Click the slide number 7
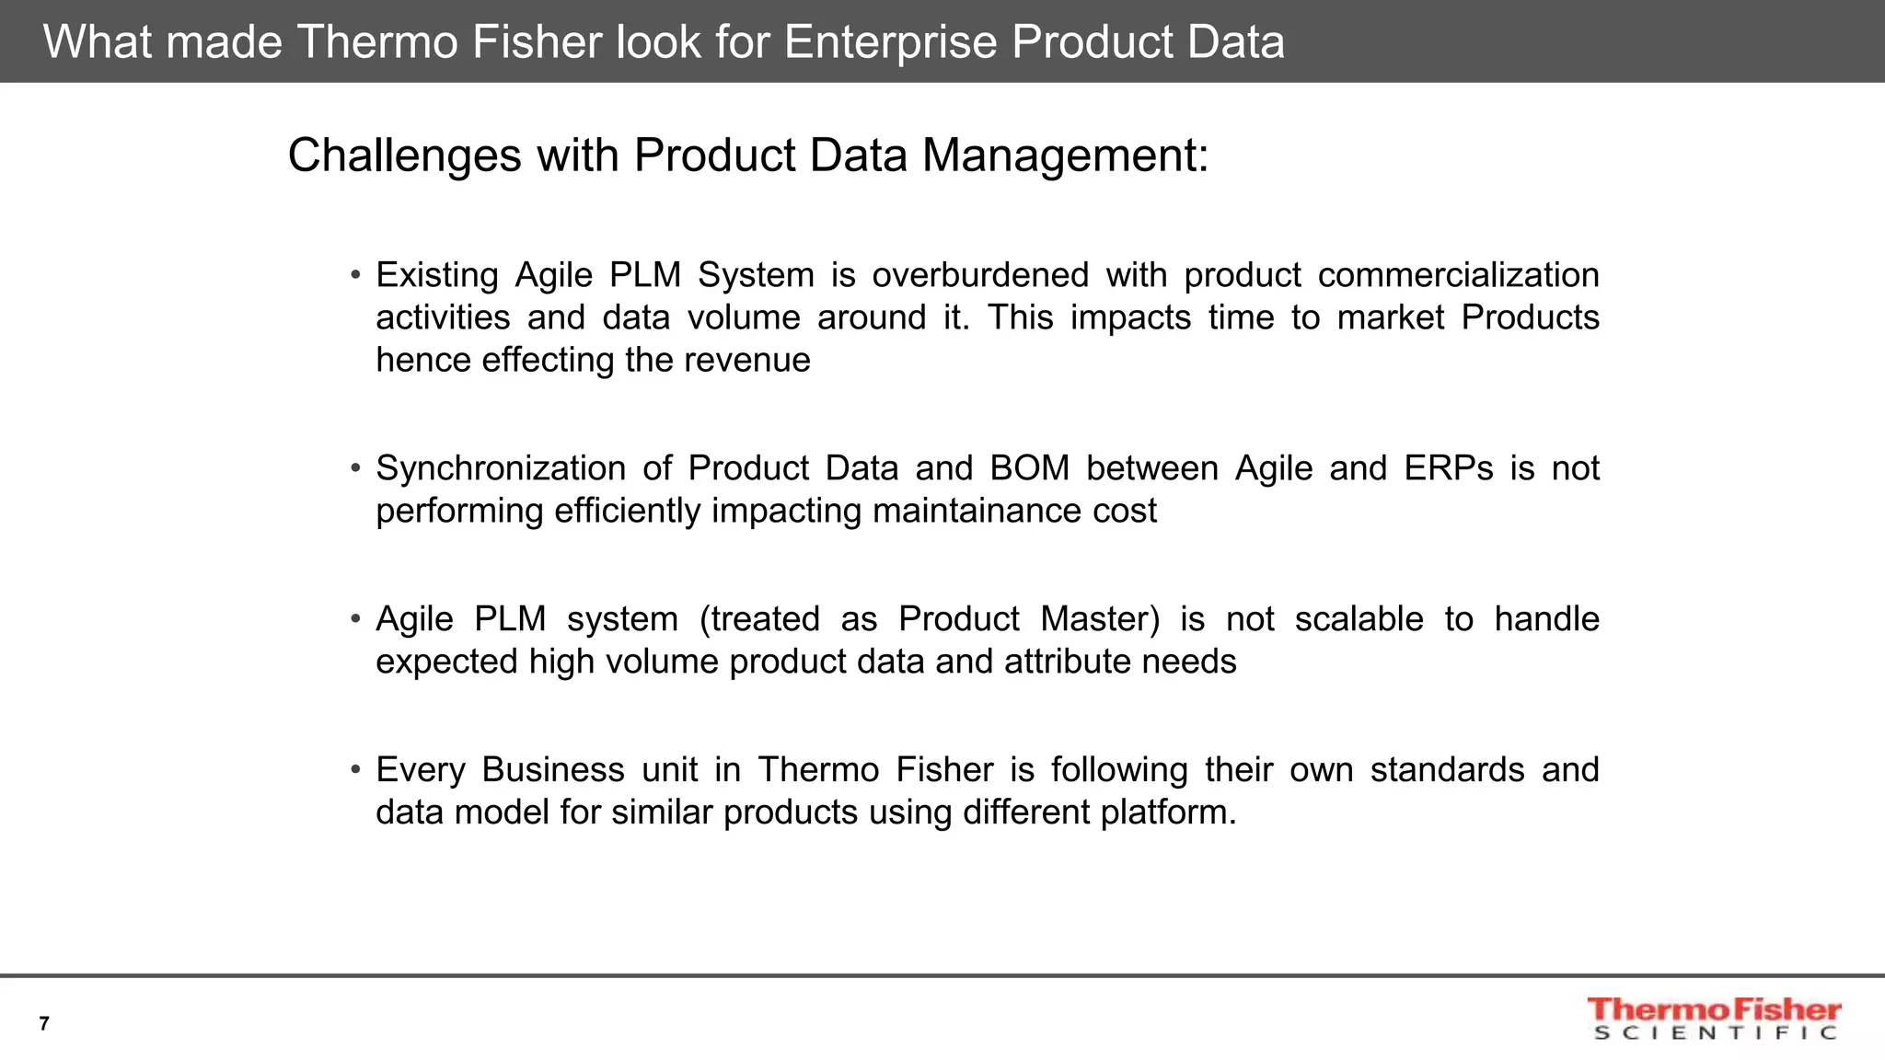click(44, 1023)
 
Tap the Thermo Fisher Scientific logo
click(1714, 1019)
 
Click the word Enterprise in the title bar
click(890, 42)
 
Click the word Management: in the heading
click(1065, 156)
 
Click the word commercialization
click(1458, 275)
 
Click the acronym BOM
click(1029, 468)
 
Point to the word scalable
click(1359, 619)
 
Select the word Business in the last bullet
click(552, 770)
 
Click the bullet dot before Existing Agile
click(355, 275)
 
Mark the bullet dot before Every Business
click(355, 770)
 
